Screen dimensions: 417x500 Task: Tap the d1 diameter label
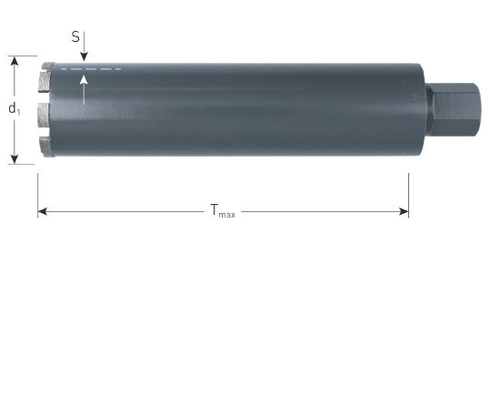coord(14,109)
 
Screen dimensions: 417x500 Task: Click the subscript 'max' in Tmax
coord(227,215)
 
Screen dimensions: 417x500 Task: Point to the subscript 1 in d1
coord(18,112)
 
